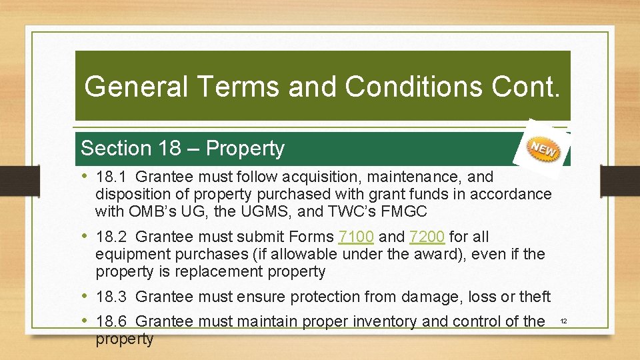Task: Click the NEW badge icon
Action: point(543,149)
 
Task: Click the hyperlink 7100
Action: point(356,237)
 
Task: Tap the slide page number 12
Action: point(563,322)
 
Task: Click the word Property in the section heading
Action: point(245,149)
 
